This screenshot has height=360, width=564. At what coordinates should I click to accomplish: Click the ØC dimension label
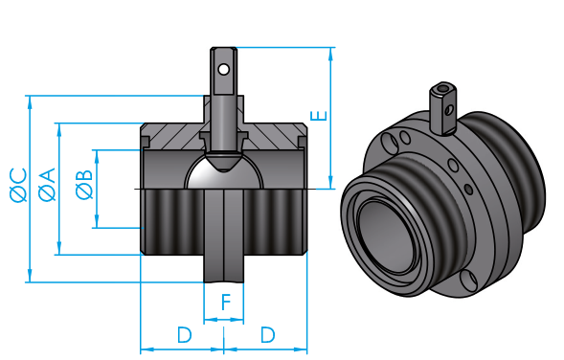[18, 185]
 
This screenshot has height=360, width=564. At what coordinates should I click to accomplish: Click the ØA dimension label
[47, 185]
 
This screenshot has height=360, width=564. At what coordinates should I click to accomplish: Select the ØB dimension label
[84, 185]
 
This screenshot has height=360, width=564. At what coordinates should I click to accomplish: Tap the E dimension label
[319, 116]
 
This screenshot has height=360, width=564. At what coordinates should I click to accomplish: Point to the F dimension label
[226, 303]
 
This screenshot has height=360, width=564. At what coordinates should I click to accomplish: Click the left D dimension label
[185, 335]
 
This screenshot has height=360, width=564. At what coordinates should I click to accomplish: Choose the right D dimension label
[267, 335]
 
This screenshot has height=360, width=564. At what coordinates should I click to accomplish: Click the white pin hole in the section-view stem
[224, 69]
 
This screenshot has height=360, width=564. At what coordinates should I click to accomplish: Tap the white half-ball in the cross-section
[224, 173]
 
